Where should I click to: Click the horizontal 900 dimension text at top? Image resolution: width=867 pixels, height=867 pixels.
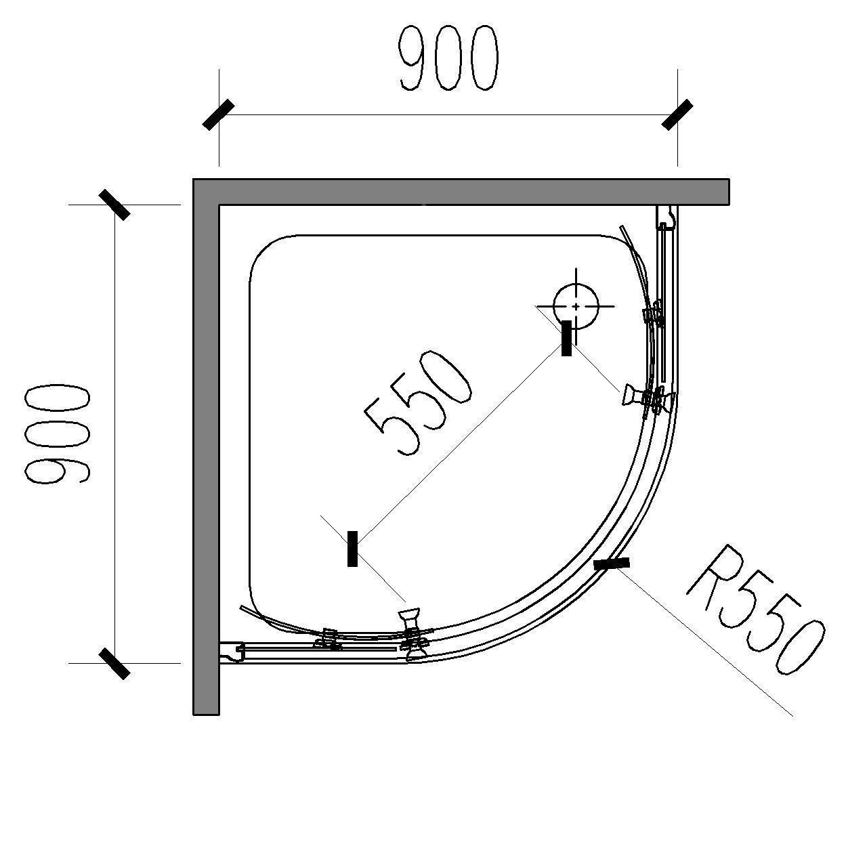tap(448, 58)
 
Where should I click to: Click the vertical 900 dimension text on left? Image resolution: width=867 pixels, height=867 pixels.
tap(57, 434)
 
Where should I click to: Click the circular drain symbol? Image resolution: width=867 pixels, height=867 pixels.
tap(576, 306)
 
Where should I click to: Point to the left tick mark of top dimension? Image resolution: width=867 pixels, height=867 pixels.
tap(219, 114)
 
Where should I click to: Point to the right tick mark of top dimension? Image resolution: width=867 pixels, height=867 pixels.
tap(677, 114)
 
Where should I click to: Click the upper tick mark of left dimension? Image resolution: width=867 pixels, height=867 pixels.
tap(114, 205)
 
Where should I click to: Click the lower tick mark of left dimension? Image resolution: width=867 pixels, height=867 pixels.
tap(114, 663)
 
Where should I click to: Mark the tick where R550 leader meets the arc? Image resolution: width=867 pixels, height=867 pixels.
tap(612, 564)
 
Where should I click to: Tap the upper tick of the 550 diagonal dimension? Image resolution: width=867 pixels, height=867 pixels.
tap(566, 339)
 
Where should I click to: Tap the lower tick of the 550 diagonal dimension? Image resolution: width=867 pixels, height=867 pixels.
tap(353, 549)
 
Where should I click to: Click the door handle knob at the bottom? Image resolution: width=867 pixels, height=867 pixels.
tap(409, 618)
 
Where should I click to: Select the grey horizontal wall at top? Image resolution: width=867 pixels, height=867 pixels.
tap(461, 192)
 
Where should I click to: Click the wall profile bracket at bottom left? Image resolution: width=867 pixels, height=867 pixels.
tap(231, 652)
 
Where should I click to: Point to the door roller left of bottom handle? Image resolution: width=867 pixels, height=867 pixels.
tap(328, 639)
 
